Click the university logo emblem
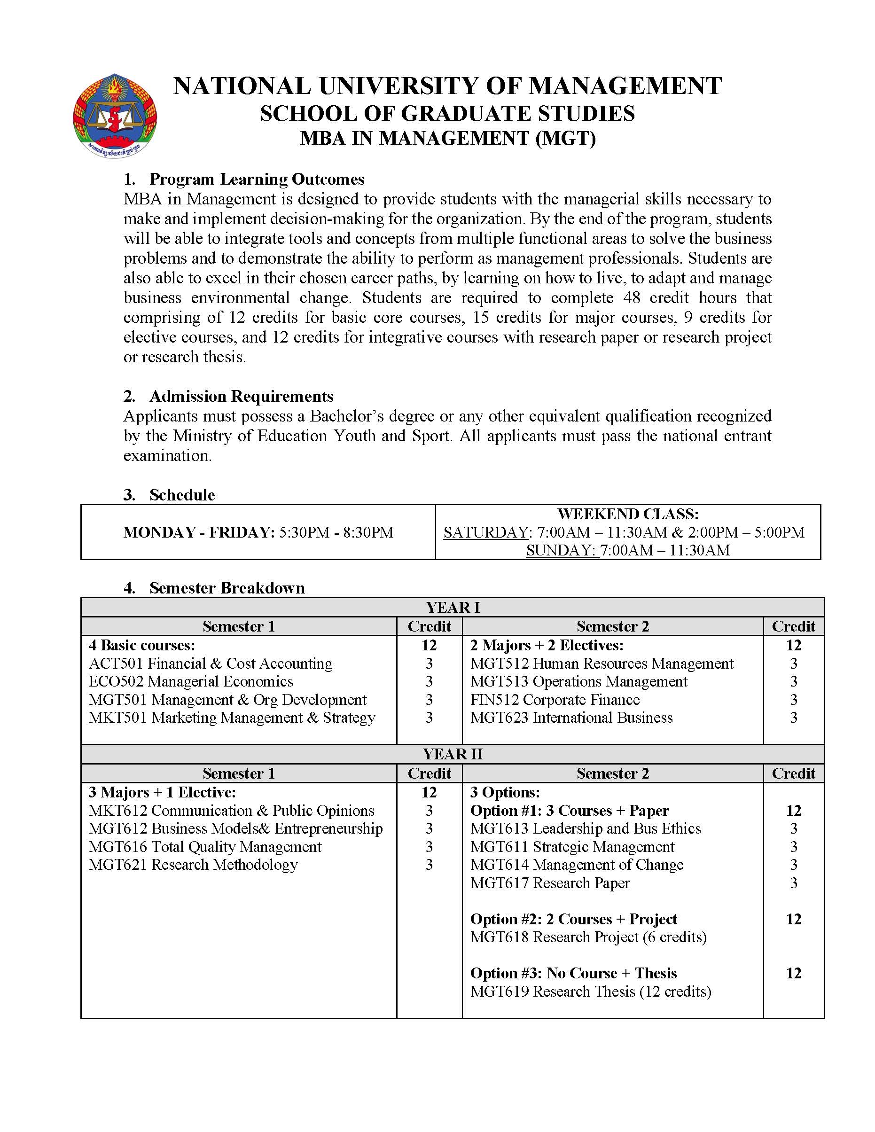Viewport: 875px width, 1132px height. click(115, 116)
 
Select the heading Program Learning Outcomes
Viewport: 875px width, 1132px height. click(257, 180)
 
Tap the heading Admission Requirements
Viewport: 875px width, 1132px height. click(241, 397)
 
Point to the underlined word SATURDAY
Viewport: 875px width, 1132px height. click(485, 532)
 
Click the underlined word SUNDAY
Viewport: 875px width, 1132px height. click(561, 550)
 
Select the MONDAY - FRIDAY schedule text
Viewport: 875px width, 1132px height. click(258, 532)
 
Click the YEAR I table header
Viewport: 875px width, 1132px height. click(453, 608)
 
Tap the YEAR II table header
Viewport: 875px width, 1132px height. click(453, 754)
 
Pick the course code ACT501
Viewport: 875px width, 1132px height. click(117, 664)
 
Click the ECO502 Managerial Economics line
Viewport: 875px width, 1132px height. click(191, 681)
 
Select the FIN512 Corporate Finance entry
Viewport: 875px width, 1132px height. click(555, 700)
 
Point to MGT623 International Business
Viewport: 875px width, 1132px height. click(571, 718)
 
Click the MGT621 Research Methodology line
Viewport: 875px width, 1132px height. click(193, 865)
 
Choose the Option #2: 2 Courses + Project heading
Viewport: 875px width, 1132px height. click(573, 919)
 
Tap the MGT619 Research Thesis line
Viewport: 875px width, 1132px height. click(590, 991)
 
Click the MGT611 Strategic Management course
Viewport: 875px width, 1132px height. click(572, 847)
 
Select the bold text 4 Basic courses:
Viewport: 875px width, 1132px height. click(141, 646)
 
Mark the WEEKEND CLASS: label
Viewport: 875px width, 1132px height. click(628, 514)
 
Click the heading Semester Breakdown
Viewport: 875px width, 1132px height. click(227, 588)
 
